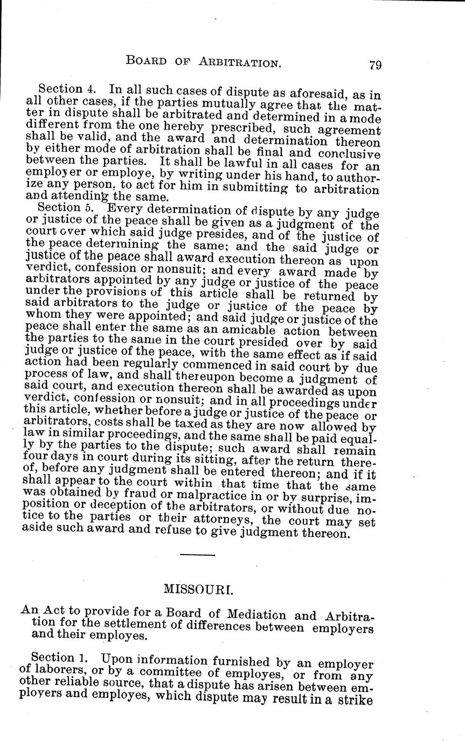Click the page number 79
(376, 65)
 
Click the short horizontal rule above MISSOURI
(197, 554)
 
